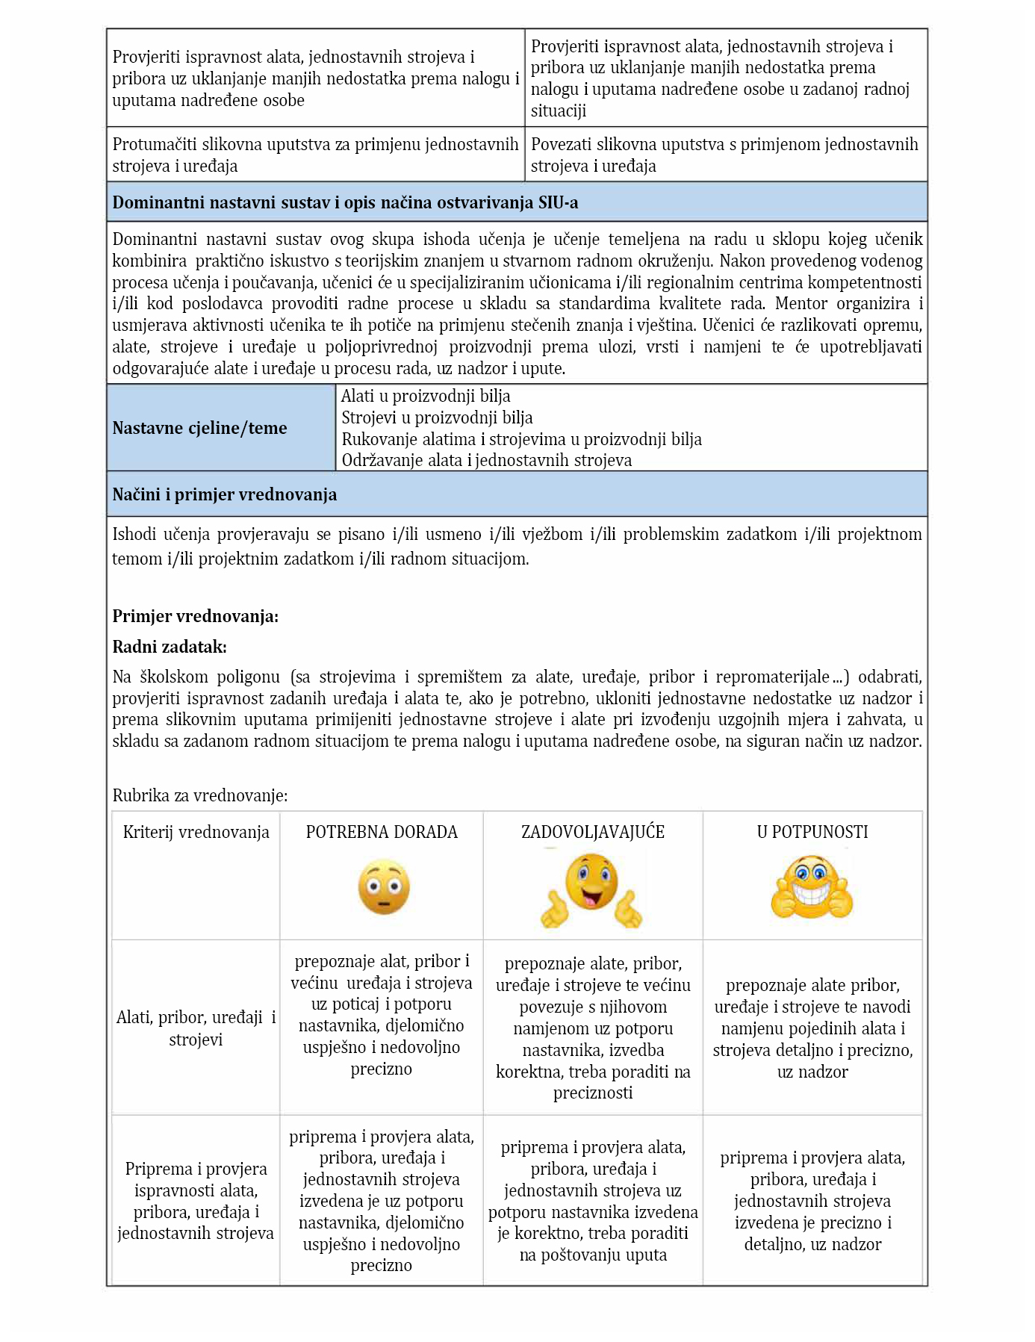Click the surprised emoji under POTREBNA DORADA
tap(384, 887)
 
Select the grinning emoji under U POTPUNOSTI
tap(812, 889)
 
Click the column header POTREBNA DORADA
tap(382, 832)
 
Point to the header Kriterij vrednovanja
tap(196, 832)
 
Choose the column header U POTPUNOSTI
tap(812, 832)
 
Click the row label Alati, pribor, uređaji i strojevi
tap(196, 1028)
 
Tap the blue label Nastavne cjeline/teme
tap(199, 428)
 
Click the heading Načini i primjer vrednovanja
tap(224, 494)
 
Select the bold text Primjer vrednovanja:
tap(195, 616)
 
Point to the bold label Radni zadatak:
tap(170, 647)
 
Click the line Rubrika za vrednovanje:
tap(199, 795)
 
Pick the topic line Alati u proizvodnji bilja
tap(426, 396)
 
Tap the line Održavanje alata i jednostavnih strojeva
tap(486, 460)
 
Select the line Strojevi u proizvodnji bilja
tap(437, 417)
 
